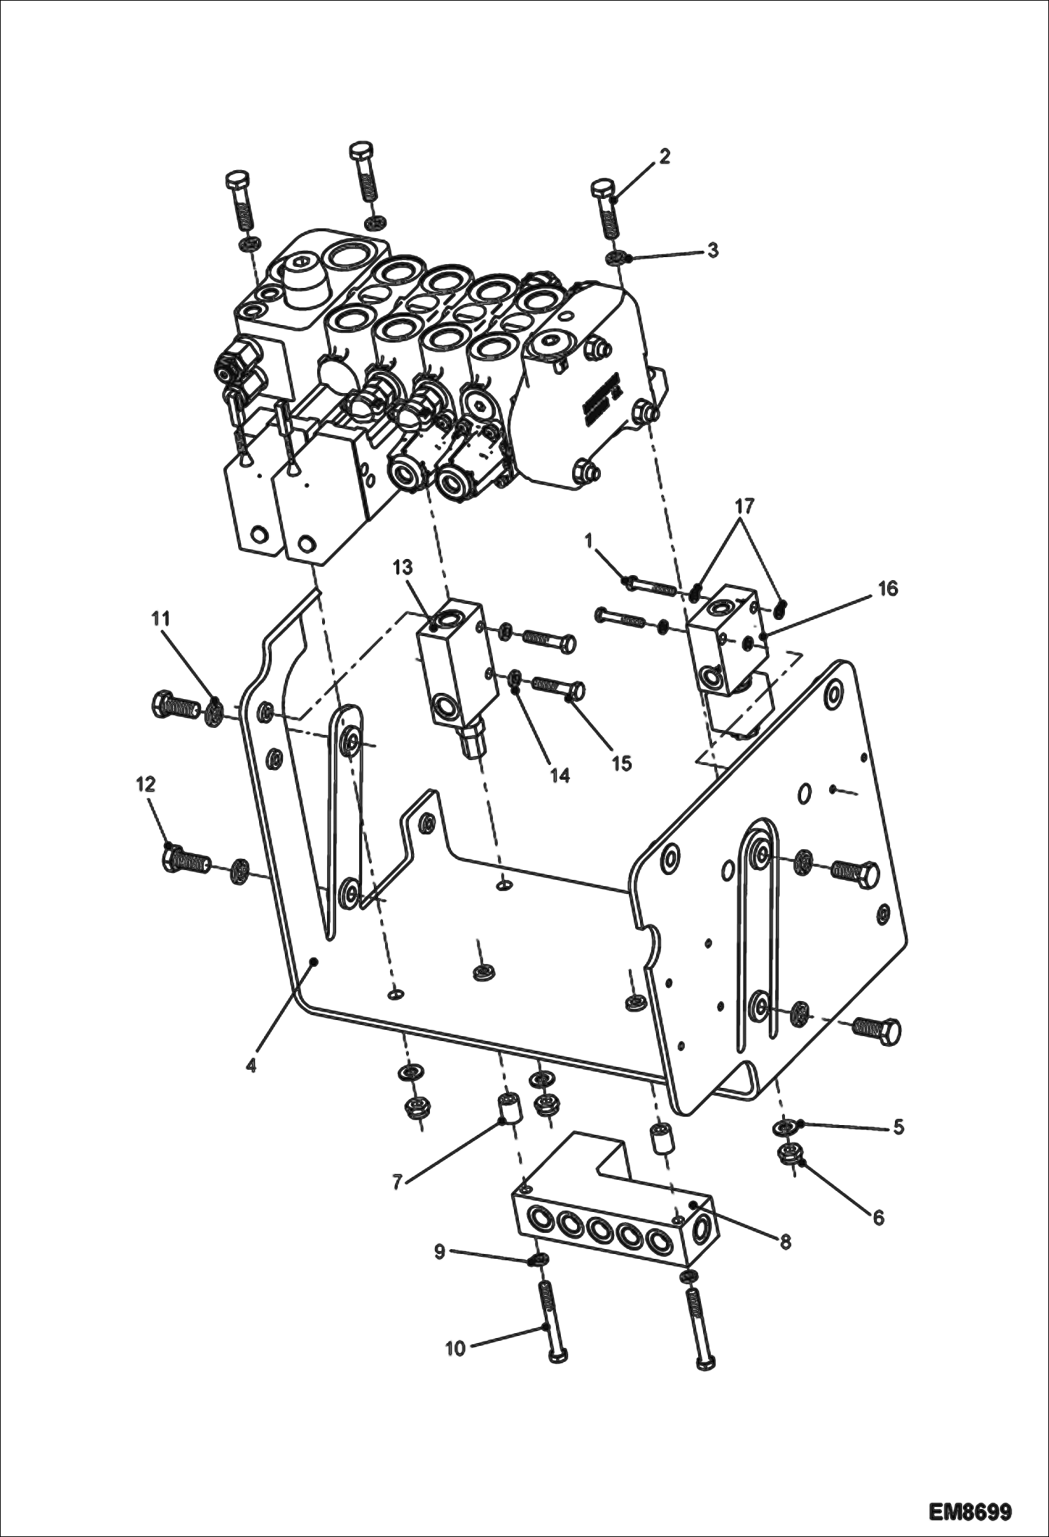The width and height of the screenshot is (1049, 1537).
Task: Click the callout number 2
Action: tap(664, 156)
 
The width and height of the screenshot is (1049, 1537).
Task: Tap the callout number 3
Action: tap(711, 250)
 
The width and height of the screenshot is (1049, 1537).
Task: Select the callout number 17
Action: tap(744, 504)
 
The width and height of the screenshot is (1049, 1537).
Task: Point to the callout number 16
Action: tap(887, 588)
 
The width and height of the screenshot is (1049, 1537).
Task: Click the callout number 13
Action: tap(403, 567)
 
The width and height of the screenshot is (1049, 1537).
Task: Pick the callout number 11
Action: tap(161, 619)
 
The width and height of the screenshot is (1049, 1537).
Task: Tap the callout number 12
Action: tap(145, 784)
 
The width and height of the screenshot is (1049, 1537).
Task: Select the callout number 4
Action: tap(251, 1066)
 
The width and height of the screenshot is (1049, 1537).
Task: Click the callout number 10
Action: tap(455, 1347)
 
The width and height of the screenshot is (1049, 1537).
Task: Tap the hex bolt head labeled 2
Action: tap(603, 189)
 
